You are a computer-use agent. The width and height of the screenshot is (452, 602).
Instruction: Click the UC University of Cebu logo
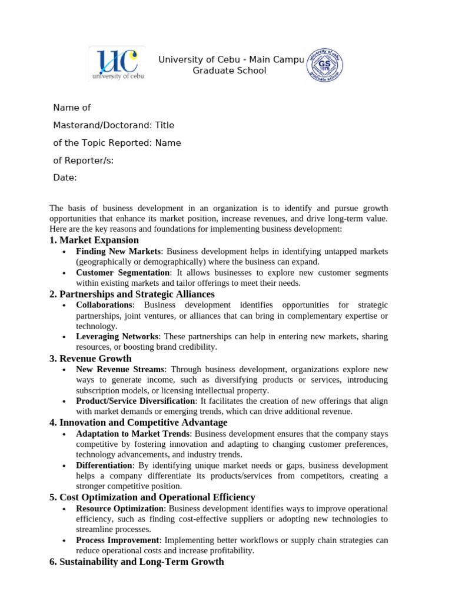(117, 63)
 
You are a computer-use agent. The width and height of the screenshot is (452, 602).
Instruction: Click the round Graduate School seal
(324, 65)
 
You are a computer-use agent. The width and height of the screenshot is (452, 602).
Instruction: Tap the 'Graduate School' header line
(230, 71)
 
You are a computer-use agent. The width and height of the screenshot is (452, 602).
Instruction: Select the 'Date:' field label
(65, 178)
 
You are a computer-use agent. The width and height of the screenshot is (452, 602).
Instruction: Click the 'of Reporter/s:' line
(84, 160)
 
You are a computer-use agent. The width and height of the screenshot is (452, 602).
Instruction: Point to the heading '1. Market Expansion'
(94, 240)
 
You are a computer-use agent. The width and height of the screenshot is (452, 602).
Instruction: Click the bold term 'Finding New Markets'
(118, 252)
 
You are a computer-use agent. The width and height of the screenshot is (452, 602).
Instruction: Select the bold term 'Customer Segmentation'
(122, 273)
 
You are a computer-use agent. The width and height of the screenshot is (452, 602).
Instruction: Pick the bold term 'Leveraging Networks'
(117, 337)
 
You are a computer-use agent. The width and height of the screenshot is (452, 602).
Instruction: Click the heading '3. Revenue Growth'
(91, 359)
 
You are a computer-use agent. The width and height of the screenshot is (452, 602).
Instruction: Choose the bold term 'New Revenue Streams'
(120, 369)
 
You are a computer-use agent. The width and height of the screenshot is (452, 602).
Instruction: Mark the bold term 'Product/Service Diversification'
(135, 401)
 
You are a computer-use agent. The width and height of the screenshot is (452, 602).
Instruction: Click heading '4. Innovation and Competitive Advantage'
(138, 423)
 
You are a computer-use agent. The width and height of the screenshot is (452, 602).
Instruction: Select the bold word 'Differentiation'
(104, 466)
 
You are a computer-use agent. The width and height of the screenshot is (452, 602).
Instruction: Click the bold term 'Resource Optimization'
(120, 509)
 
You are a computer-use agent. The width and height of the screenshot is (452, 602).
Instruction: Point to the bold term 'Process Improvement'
(117, 540)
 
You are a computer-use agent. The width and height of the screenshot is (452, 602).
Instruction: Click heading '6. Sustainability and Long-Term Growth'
(137, 562)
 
